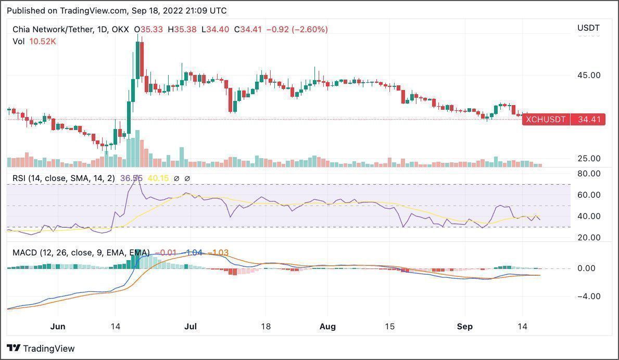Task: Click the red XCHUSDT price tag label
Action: (546, 120)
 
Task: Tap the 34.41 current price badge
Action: (589, 120)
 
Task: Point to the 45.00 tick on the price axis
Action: (588, 75)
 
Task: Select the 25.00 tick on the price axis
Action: (588, 158)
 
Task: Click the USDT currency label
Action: (588, 28)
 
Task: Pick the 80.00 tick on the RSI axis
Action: (588, 173)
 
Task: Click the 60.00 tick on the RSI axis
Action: (588, 195)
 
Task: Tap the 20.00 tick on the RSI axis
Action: (588, 237)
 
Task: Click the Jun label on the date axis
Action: (58, 327)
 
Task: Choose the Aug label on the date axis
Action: (327, 327)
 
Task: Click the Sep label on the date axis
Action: (464, 327)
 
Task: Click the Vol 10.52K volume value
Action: (44, 41)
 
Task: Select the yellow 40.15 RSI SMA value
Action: (158, 178)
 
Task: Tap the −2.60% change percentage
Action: (310, 30)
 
